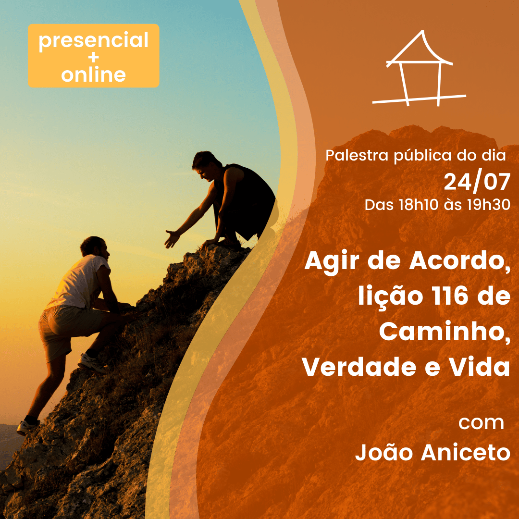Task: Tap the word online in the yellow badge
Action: click(x=93, y=75)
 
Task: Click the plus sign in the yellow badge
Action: click(x=94, y=58)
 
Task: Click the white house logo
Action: click(x=420, y=69)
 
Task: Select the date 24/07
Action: click(x=477, y=183)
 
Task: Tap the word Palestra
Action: click(x=357, y=155)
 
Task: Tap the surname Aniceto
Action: click(x=465, y=452)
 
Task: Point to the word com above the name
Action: click(x=481, y=423)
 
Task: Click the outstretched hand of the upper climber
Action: click(x=172, y=238)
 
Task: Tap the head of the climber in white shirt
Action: click(x=95, y=247)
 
